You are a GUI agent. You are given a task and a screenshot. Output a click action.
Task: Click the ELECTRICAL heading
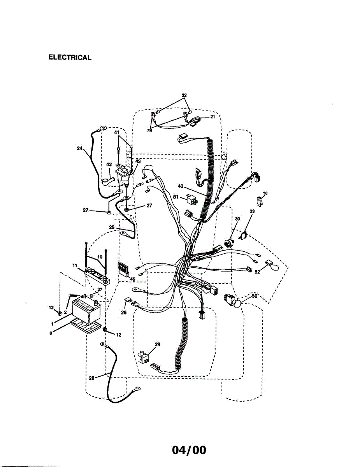pyautogui.click(x=70, y=58)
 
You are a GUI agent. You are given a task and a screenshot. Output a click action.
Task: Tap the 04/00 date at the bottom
pyautogui.click(x=189, y=450)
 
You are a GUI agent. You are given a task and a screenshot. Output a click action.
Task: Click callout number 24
pyautogui.click(x=79, y=148)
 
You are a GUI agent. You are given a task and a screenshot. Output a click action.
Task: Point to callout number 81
pyautogui.click(x=176, y=197)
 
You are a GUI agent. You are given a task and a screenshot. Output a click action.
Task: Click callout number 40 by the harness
pyautogui.click(x=181, y=186)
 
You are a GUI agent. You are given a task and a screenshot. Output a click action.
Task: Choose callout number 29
pyautogui.click(x=157, y=344)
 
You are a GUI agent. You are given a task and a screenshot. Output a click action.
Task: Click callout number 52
pyautogui.click(x=257, y=272)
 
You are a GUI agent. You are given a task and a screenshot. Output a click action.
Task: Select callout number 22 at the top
pyautogui.click(x=184, y=95)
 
